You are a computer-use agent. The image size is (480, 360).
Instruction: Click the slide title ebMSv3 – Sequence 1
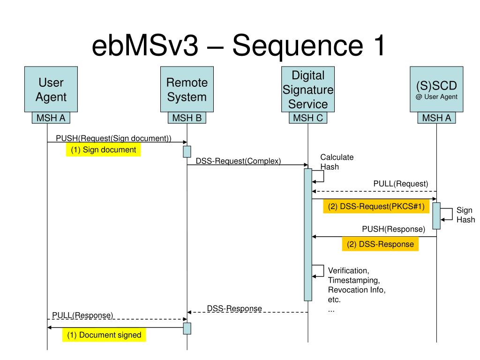coord(238,45)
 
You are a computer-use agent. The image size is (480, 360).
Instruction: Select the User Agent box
coord(51,89)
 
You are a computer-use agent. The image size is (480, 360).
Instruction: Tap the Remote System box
coord(187,89)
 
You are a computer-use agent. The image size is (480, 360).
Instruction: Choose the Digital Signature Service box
coord(308,89)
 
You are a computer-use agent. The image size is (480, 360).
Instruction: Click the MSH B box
coord(187,118)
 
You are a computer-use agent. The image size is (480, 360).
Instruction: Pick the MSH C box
coord(308,118)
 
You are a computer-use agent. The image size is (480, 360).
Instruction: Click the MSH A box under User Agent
coord(51,118)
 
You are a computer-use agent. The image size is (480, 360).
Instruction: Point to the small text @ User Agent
coord(436,97)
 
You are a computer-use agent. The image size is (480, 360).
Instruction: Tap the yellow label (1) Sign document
coord(104,150)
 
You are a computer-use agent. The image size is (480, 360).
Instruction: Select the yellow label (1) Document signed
coord(104,335)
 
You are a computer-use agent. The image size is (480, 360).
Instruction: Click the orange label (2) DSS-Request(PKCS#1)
coord(376,206)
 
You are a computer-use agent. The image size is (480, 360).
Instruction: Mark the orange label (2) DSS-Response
coord(380,244)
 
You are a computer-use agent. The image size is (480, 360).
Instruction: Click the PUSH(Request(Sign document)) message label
coord(113,138)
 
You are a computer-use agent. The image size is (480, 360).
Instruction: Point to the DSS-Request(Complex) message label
coord(238,161)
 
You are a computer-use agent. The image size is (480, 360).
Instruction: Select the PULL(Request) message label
coord(401,184)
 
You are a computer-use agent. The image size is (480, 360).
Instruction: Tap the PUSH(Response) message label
coord(394,229)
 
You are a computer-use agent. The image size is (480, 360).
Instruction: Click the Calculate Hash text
coord(337,162)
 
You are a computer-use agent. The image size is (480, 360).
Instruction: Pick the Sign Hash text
coord(465,215)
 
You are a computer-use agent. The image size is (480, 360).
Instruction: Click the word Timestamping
coord(354,280)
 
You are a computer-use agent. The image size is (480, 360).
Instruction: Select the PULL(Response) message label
coord(82,315)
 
